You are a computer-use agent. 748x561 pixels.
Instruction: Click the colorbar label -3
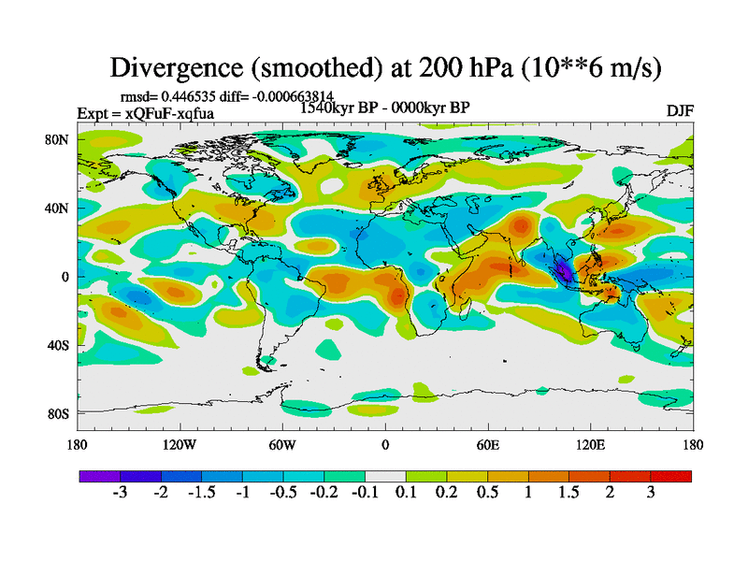[120, 493]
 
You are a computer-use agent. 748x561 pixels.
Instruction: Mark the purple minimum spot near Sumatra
[564, 272]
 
